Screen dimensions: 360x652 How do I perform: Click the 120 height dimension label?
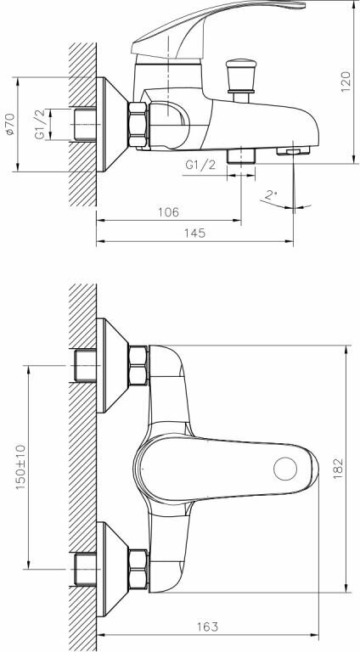[x=346, y=81]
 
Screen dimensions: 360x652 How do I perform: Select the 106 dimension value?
[x=168, y=211]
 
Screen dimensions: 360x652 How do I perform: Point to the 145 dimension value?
[x=194, y=233]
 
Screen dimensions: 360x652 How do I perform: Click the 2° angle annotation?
[x=271, y=194]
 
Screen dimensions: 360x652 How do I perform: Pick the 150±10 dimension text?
[x=21, y=467]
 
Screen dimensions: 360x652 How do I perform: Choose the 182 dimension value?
[x=338, y=469]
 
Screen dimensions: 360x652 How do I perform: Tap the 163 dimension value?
[x=206, y=627]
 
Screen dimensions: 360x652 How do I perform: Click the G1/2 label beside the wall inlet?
[x=40, y=124]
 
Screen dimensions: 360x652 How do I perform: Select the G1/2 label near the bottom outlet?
[x=200, y=165]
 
